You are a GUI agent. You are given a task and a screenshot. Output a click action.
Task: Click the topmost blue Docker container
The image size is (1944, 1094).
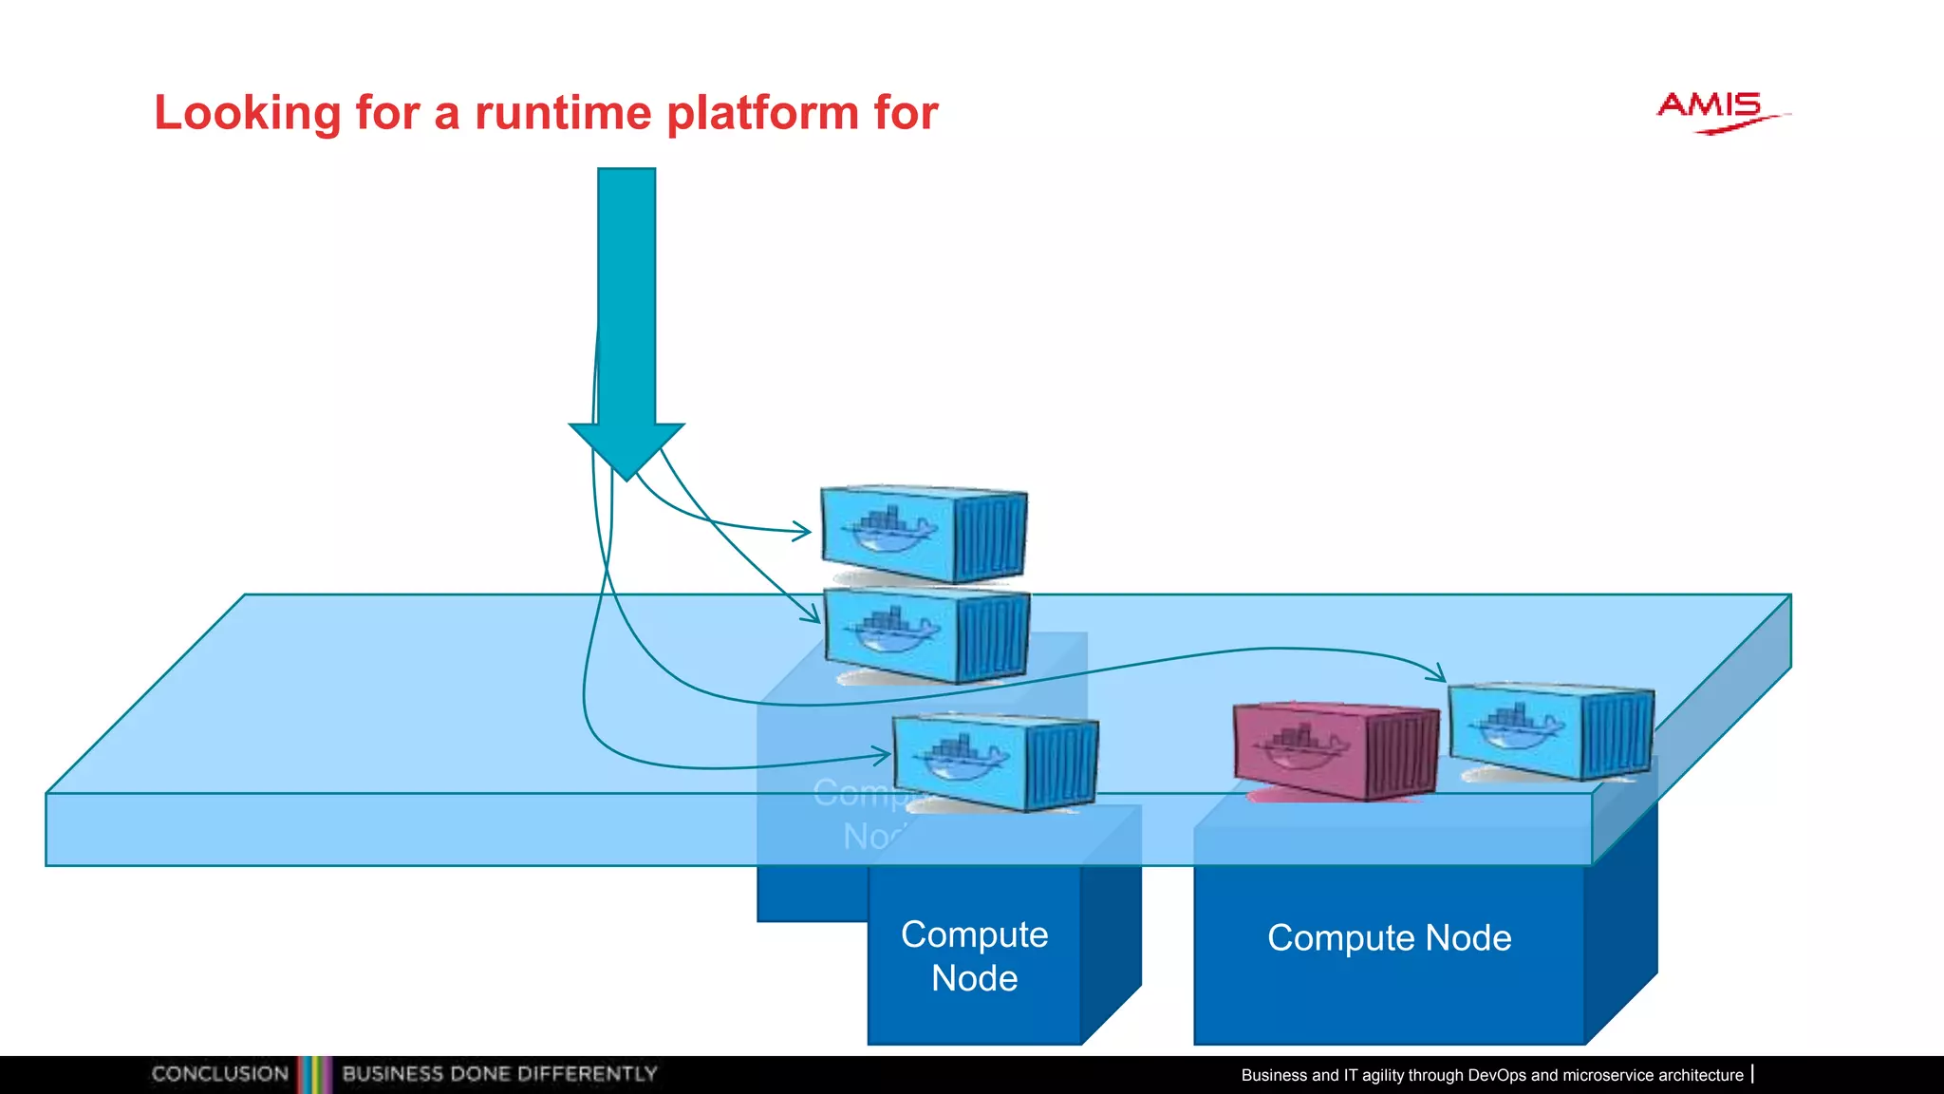point(923,534)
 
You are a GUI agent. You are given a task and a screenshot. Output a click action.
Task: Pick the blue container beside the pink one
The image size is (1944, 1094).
point(1551,730)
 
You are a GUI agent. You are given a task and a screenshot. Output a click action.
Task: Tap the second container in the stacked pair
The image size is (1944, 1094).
point(926,634)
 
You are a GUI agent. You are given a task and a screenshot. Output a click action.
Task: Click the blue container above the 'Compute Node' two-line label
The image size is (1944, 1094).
point(996,763)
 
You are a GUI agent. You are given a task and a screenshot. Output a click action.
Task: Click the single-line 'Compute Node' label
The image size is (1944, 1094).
point(1389,938)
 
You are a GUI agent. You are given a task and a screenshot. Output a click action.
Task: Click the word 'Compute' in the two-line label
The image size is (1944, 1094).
point(974,934)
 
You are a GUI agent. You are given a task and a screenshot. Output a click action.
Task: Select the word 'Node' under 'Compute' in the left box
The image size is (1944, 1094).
point(974,978)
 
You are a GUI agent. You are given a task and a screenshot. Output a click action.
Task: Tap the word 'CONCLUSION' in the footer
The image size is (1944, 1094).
point(219,1074)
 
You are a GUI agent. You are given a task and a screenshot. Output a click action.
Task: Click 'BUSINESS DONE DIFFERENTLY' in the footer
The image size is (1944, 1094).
point(499,1074)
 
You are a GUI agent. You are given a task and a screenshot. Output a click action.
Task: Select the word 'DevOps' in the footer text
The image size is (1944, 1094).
point(1496,1075)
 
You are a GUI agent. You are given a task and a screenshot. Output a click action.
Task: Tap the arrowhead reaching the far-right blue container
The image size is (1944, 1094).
point(1439,675)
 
